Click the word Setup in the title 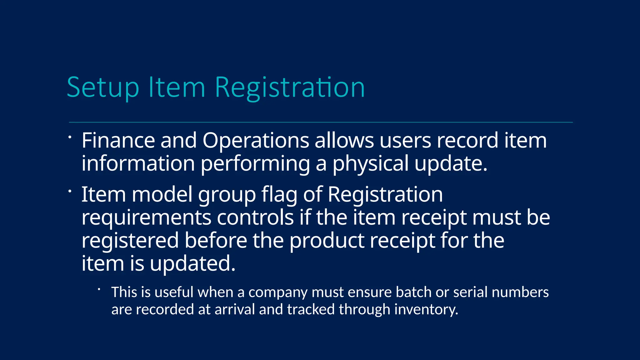pos(103,88)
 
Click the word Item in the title pos(177,88)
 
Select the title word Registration pos(290,88)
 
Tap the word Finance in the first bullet pos(118,140)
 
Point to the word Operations pos(256,140)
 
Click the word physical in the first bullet pos(370,163)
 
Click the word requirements pos(146,217)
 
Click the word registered pos(130,241)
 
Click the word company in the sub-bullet pos(278,292)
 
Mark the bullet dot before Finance pos(70,137)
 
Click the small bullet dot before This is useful pos(99,289)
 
